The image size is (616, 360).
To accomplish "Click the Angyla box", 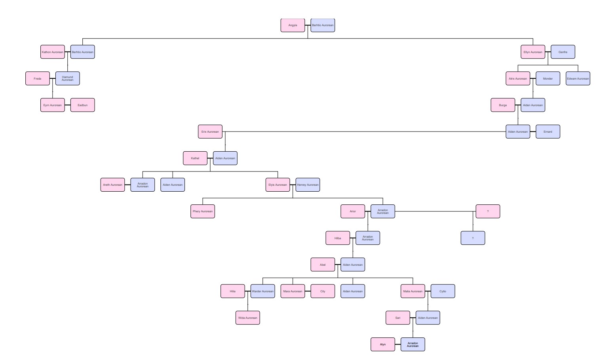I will coord(293,25).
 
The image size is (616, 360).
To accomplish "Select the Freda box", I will coord(38,78).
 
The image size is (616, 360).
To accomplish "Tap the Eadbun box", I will coord(82,105).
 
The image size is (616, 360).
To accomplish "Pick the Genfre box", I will coord(563,52).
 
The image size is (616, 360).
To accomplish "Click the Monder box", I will coord(548,78).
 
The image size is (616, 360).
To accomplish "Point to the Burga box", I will coord(503,105).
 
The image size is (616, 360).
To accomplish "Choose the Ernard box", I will coord(548,131).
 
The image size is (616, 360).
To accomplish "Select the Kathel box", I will coord(195,158).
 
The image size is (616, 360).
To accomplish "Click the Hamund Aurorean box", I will coord(67,78).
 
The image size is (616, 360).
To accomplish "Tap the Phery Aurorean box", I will coord(202,211).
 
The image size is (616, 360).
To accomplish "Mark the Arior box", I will coord(353,211).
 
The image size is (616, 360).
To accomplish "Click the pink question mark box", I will coord(488,211).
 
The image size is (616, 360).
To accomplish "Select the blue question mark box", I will coord(473,238).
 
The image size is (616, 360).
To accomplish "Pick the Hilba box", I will coord(338,238).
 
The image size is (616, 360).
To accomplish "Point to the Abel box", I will coord(323,265).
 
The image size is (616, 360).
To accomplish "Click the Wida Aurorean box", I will coord(247,318).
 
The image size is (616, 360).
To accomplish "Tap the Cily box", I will coord(323,291).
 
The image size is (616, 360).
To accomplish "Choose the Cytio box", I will coord(443,291).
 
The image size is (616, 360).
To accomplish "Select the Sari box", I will coord(398,318).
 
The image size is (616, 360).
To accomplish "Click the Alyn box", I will coord(383,344).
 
